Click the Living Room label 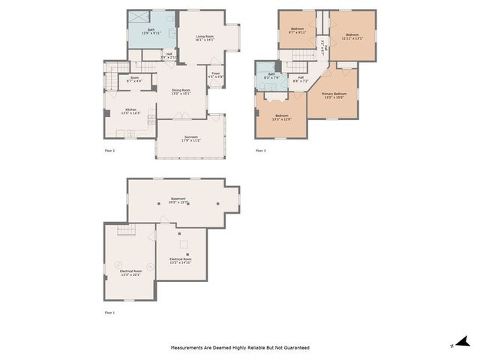[x=205, y=37]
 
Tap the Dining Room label [x=181, y=91]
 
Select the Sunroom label [x=190, y=138]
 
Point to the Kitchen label [x=131, y=110]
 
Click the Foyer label [x=215, y=74]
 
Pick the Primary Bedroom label [x=334, y=94]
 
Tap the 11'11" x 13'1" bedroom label [x=352, y=36]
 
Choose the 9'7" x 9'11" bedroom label [x=298, y=31]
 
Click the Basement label [x=177, y=200]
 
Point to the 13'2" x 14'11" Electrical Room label [x=181, y=260]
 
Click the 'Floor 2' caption [x=109, y=151]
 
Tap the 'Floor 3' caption [x=260, y=151]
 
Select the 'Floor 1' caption [x=109, y=312]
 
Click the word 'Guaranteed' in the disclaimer [x=295, y=348]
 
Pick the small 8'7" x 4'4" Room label [x=134, y=79]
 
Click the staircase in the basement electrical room [x=124, y=232]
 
